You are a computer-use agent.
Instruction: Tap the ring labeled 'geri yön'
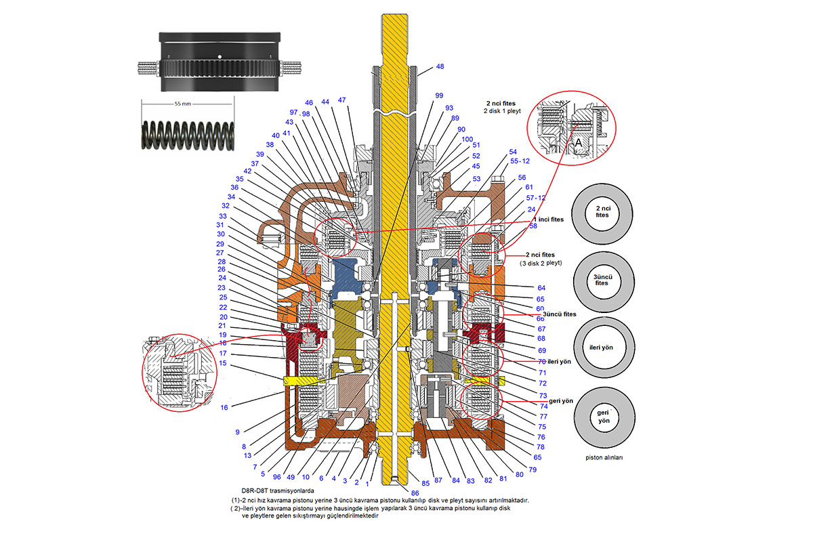click(603, 415)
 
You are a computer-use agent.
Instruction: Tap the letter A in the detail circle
click(577, 144)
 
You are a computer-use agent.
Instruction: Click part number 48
click(440, 66)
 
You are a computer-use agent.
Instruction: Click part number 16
click(224, 407)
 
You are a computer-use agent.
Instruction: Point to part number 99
click(439, 96)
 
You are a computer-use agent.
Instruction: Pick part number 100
click(467, 139)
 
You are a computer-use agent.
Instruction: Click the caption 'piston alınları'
click(603, 457)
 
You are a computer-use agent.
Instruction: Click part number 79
click(533, 470)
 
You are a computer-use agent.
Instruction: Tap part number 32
click(226, 205)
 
